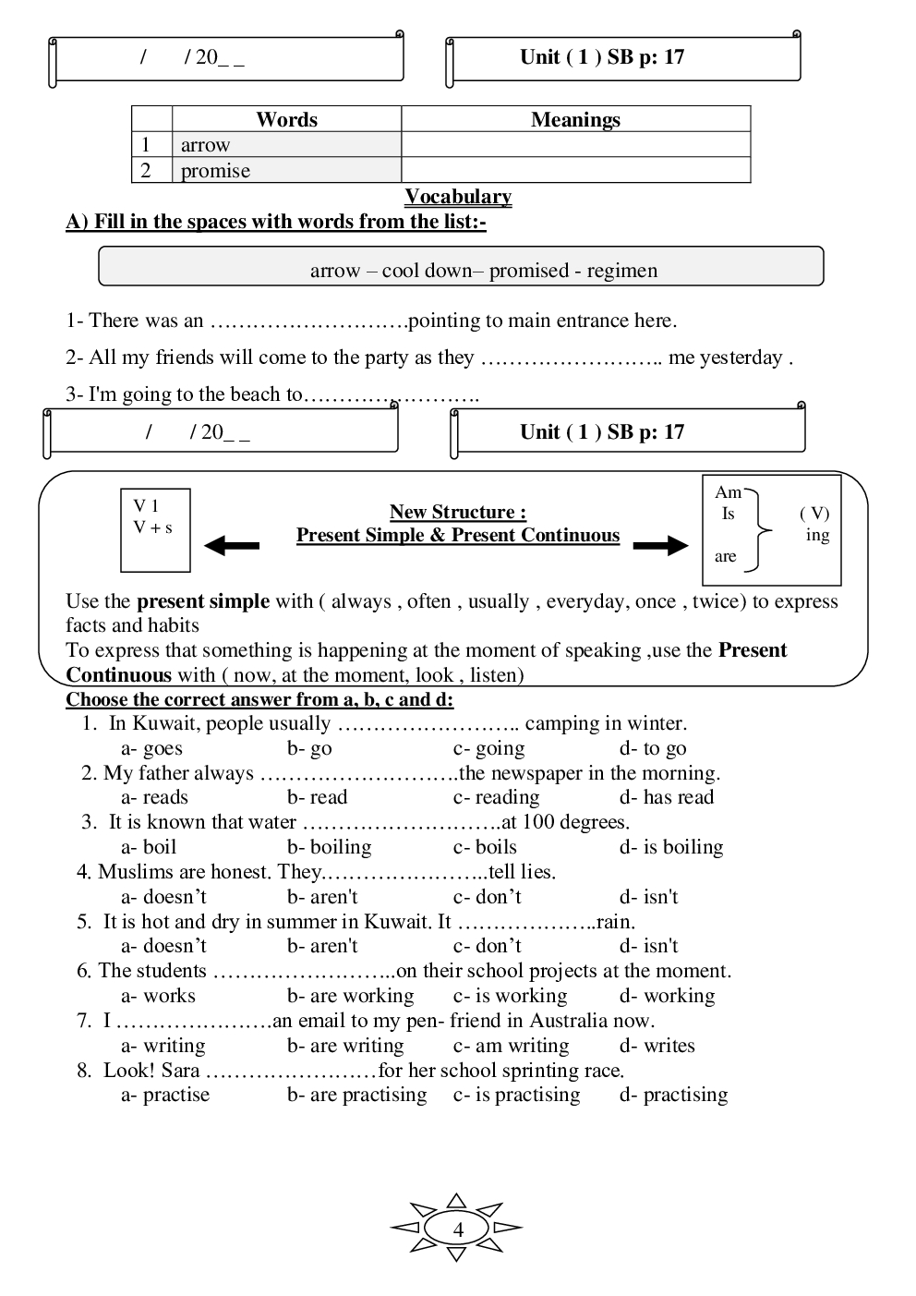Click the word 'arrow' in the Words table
(205, 145)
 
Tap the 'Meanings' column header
(575, 120)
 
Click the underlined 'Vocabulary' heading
(458, 197)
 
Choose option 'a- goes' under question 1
(151, 748)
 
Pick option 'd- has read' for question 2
(666, 797)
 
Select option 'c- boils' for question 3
(485, 847)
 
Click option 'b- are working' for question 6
(350, 996)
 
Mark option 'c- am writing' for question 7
(511, 1046)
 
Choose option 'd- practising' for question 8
(673, 1095)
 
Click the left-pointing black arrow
(231, 546)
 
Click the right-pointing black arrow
(660, 546)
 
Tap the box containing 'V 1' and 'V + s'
(155, 530)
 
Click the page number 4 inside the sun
(458, 1229)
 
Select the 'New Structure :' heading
(458, 512)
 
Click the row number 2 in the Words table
(146, 171)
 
